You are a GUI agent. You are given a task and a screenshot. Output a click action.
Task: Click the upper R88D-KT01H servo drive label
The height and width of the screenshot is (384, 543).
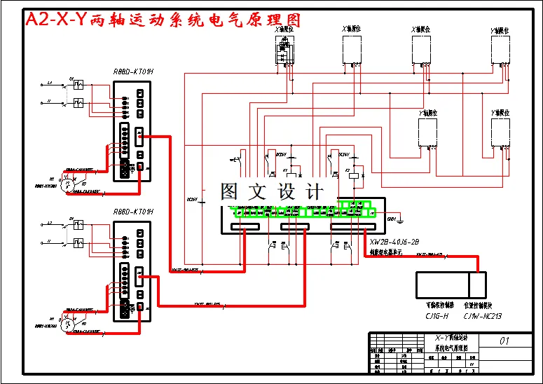coord(132,71)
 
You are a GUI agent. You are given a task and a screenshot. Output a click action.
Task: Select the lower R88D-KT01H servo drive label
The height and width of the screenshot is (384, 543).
coord(132,212)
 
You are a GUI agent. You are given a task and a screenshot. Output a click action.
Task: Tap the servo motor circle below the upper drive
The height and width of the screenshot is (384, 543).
coord(67,183)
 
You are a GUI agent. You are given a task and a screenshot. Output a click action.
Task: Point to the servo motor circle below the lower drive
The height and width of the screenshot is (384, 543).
coord(67,323)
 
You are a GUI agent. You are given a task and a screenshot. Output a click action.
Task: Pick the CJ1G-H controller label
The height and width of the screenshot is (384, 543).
coord(437,316)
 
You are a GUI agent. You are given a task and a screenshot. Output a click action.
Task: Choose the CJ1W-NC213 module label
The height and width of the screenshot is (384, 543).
coord(483,316)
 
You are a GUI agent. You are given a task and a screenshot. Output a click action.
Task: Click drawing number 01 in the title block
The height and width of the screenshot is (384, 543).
coord(504,341)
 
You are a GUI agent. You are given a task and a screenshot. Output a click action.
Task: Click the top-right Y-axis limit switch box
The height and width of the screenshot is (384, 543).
coord(500,49)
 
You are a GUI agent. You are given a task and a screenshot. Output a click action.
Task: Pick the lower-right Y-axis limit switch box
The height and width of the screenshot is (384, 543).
coord(500,133)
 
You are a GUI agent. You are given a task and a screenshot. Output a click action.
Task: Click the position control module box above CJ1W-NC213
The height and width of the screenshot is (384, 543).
coord(477,286)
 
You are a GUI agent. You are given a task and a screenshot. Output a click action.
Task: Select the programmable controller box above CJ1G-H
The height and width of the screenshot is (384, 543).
coord(441,286)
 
